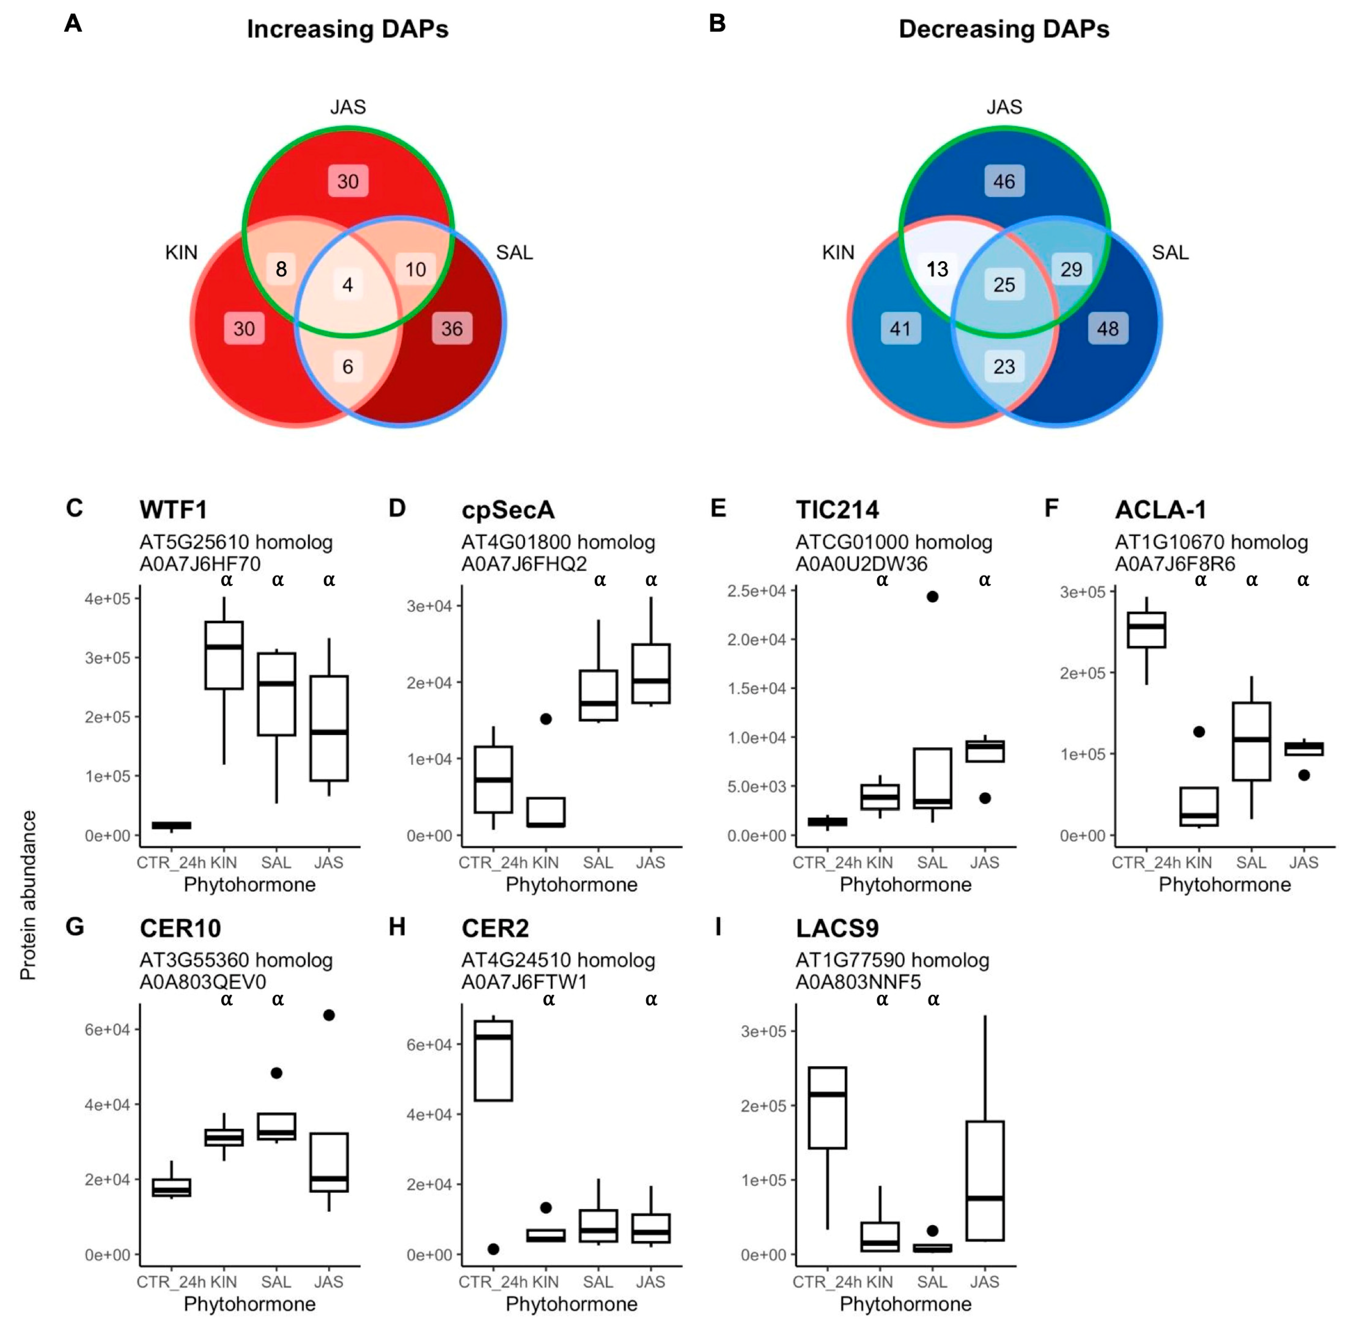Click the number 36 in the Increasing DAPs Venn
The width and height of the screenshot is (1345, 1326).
click(452, 329)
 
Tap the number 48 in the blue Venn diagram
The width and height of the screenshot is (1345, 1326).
click(1107, 329)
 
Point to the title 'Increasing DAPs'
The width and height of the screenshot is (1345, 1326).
click(347, 29)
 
